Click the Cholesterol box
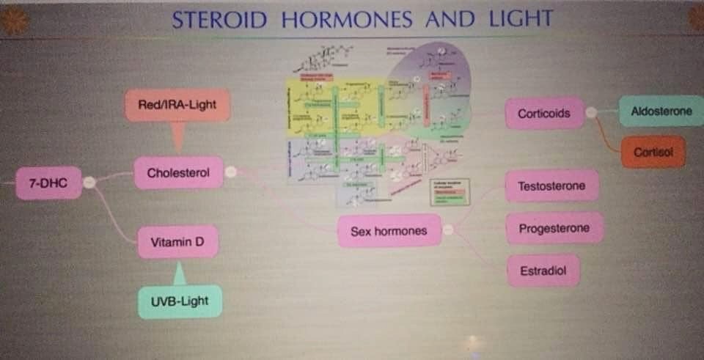point(178,174)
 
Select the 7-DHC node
point(48,183)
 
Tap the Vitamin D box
point(177,242)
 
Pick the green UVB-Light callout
point(180,301)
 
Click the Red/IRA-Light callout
point(177,105)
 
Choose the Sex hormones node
point(389,231)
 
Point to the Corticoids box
point(544,114)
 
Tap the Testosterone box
point(551,186)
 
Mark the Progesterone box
point(554,228)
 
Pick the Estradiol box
point(543,270)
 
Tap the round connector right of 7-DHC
point(89,183)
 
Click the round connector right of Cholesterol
point(230,172)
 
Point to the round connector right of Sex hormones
point(448,229)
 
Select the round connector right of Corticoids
point(590,113)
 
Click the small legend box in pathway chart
point(449,191)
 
